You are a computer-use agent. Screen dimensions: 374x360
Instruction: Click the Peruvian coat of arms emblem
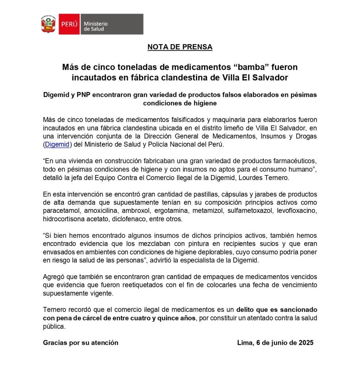(x=48, y=24)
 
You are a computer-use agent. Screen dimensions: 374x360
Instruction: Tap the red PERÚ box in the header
(x=69, y=24)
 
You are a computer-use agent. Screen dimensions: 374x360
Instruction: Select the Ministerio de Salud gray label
(x=111, y=24)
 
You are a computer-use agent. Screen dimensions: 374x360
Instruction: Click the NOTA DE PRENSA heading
(x=180, y=47)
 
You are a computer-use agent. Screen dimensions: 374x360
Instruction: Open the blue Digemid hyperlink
(x=57, y=144)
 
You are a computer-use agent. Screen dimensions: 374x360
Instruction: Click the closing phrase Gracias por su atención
(x=81, y=343)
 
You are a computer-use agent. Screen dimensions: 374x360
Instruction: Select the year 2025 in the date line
(x=306, y=343)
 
